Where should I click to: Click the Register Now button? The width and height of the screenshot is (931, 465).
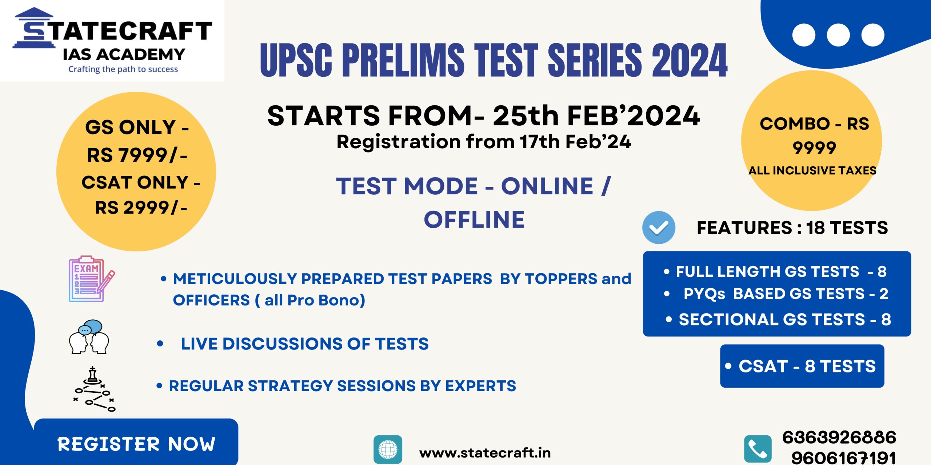136,442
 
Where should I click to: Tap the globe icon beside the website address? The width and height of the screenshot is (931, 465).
388,449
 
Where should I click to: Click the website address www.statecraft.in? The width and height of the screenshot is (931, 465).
485,453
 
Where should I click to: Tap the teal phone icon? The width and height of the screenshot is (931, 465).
758,449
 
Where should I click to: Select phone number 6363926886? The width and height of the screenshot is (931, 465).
839,437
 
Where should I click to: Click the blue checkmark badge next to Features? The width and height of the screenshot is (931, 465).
659,227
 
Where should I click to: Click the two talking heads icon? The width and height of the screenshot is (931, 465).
89,337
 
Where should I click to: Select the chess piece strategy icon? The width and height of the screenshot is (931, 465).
94,389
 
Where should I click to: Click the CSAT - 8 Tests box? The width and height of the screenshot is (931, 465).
802,366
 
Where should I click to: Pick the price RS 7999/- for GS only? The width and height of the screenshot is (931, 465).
137,155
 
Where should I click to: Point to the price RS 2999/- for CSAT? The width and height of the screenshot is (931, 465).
141,208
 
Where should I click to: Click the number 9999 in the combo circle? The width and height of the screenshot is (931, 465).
814,148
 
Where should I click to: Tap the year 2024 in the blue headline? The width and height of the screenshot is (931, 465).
689,60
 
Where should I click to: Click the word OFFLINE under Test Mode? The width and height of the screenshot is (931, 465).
474,219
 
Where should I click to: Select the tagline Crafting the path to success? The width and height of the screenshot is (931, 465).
123,69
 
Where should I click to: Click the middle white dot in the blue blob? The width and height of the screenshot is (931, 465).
838,35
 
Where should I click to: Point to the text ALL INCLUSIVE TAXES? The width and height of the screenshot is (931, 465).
812,170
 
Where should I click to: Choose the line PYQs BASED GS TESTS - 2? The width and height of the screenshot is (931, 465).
786,294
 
